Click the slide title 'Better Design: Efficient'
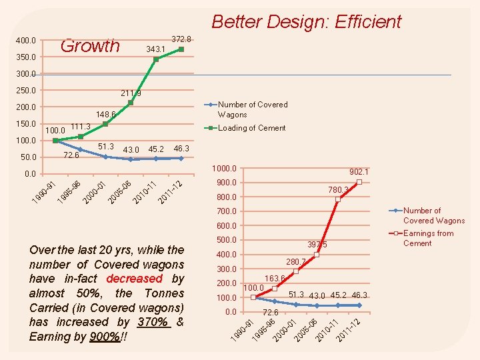(x=306, y=21)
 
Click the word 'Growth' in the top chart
(x=90, y=45)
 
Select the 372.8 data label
(x=181, y=39)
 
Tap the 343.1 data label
(x=155, y=50)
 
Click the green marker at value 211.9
(x=131, y=103)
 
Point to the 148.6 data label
(x=106, y=114)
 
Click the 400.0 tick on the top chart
(x=26, y=41)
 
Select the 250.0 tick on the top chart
(x=26, y=90)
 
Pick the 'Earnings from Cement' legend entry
(x=428, y=238)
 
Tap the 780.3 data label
(x=339, y=190)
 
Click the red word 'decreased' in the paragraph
(x=134, y=279)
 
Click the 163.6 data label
(x=275, y=279)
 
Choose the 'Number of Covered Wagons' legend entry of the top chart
(x=253, y=109)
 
